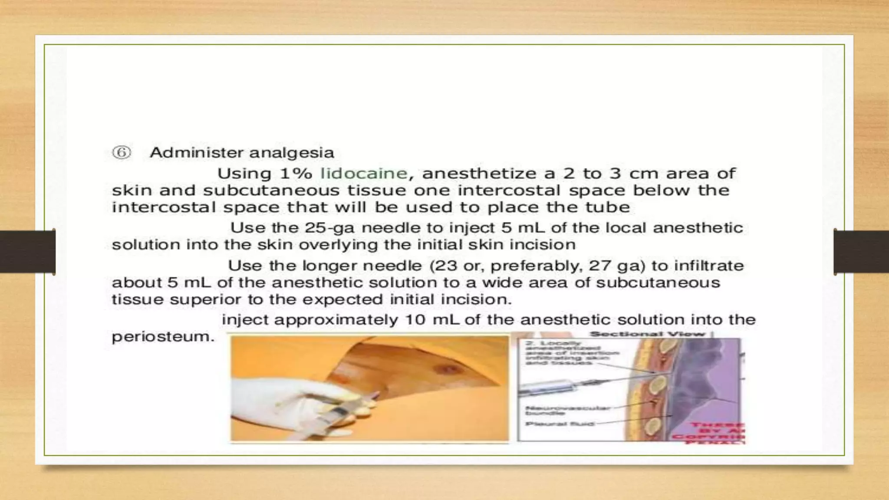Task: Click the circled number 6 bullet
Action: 122,153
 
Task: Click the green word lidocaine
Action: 364,174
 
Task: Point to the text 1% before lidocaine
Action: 296,174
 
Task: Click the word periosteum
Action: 163,337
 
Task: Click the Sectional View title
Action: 647,334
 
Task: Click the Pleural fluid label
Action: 560,424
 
